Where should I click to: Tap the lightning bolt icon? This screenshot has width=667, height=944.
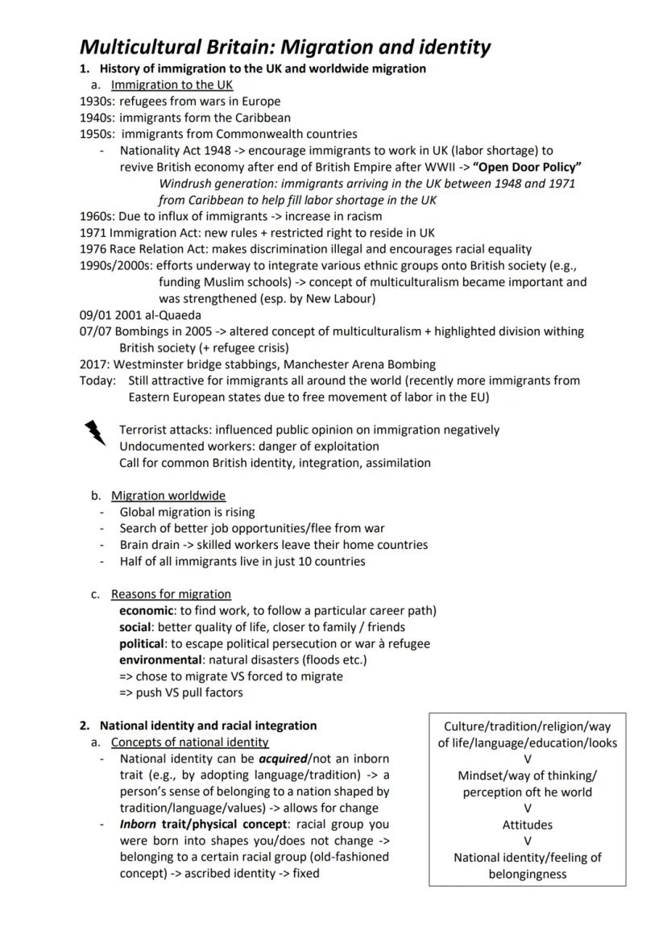pos(95,433)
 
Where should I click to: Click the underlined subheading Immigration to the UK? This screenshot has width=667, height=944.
pos(162,85)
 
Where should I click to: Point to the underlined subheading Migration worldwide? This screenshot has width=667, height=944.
pos(168,495)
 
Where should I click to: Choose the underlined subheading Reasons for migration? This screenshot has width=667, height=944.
pos(171,594)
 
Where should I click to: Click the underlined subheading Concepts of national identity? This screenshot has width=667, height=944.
pos(190,742)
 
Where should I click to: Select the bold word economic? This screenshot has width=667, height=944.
pos(146,610)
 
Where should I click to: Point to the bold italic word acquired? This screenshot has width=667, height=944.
pos(283,759)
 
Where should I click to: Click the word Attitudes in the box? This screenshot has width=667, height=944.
pos(528,825)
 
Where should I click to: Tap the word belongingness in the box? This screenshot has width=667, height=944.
pos(528,874)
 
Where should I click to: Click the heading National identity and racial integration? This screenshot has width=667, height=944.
pos(208,726)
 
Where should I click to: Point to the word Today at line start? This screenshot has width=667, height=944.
pos(97,381)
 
